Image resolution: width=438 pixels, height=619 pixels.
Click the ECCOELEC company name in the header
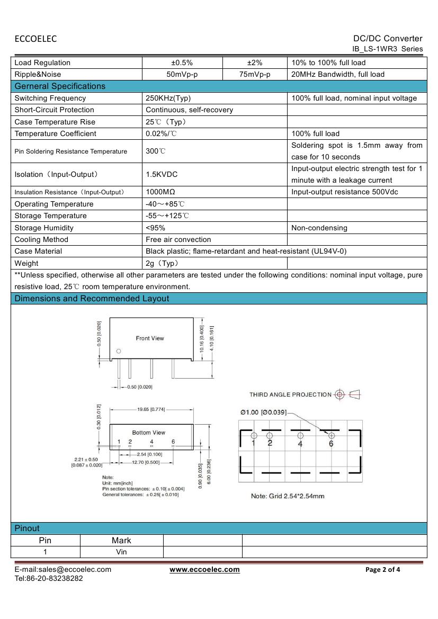pyautogui.click(x=35, y=39)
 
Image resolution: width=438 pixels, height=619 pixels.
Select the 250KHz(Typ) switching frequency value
pyautogui.click(x=168, y=98)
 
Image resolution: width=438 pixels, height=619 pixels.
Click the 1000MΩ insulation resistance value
pyautogui.click(x=160, y=192)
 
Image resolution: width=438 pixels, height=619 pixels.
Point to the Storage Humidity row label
pyautogui.click(x=44, y=228)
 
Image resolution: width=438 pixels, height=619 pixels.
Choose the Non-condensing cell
pyautogui.click(x=319, y=228)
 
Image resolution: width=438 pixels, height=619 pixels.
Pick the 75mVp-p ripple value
pyautogui.click(x=255, y=75)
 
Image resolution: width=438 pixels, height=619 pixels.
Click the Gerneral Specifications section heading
pyautogui.click(x=60, y=86)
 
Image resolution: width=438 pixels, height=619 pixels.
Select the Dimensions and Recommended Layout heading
pyautogui.click(x=92, y=299)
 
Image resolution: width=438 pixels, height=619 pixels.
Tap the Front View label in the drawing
pyautogui.click(x=150, y=338)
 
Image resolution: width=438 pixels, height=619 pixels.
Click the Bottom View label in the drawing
pyautogui.click(x=149, y=433)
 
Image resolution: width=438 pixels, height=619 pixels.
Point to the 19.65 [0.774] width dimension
pyautogui.click(x=151, y=409)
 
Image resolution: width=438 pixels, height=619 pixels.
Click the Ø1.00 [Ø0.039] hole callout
pyautogui.click(x=263, y=412)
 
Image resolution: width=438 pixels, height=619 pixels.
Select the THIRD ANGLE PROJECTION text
pyautogui.click(x=290, y=394)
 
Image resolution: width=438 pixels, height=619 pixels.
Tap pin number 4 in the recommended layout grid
pyautogui.click(x=300, y=444)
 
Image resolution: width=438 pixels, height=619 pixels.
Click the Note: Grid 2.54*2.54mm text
pyautogui.click(x=288, y=496)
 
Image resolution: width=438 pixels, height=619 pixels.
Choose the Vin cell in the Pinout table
pyautogui.click(x=121, y=552)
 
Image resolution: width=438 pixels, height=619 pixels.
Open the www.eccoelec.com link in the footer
pyautogui.click(x=204, y=570)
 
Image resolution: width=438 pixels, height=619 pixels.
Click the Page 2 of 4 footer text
pyautogui.click(x=383, y=570)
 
